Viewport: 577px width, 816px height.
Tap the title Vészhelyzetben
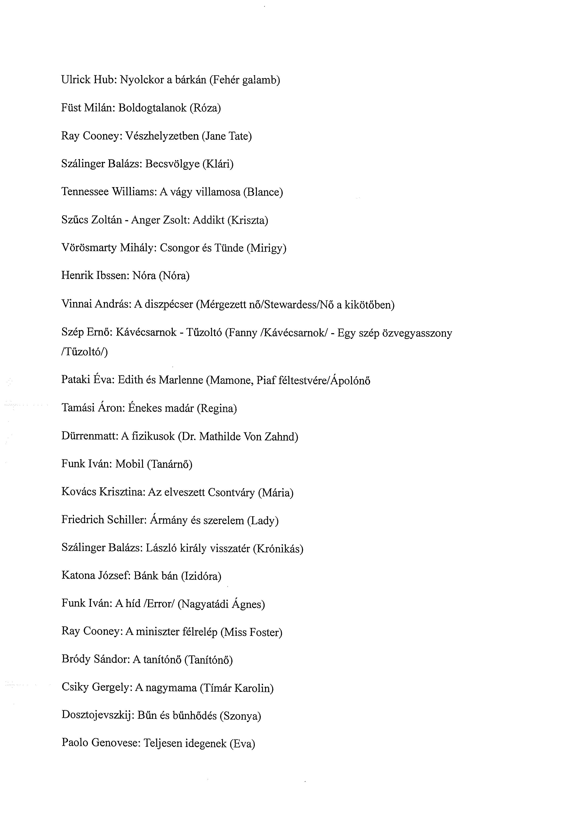[x=162, y=136]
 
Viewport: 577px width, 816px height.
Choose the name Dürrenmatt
[x=90, y=436]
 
